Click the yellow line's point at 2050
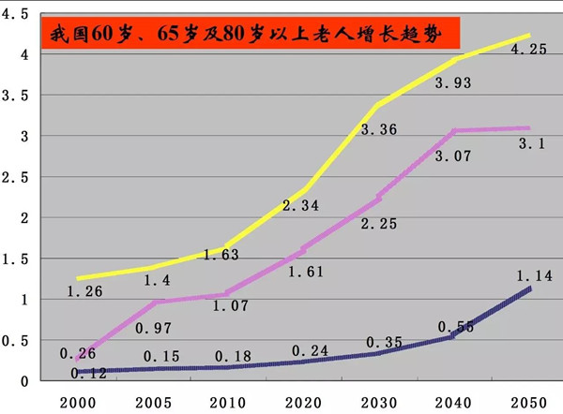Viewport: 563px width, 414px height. [529, 36]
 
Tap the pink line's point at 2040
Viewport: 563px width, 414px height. [456, 131]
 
